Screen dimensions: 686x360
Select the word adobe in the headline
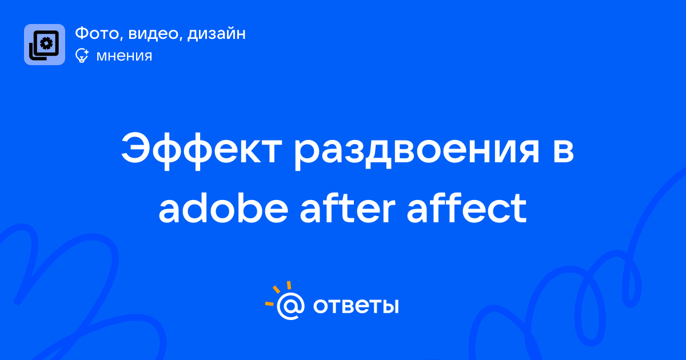pos(224,208)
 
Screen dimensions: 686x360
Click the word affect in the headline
pos(466,208)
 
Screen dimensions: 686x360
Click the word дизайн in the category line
pos(217,34)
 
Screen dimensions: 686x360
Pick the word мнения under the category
pos(125,56)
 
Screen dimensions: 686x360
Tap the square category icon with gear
pos(45,45)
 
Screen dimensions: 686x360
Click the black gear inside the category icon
pos(46,43)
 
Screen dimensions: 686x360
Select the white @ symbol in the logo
pos(290,306)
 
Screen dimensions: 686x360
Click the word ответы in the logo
pos(356,306)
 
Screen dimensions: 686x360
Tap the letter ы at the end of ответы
pos(389,306)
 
